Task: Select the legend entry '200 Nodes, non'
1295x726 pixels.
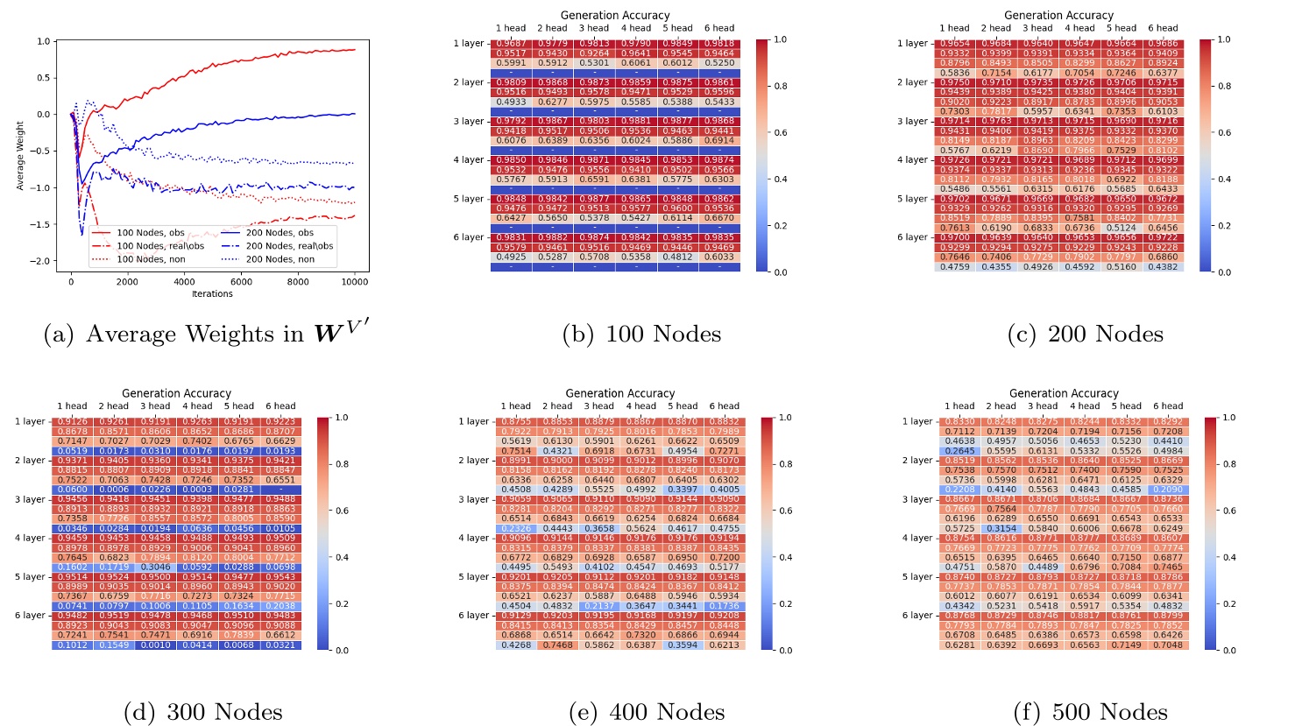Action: [280, 259]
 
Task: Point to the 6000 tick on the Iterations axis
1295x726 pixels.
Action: [241, 282]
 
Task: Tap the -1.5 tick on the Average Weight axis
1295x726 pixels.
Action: [43, 225]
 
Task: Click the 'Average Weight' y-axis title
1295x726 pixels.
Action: [21, 156]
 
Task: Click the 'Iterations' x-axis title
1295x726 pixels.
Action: [212, 294]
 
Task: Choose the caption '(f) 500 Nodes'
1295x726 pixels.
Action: [1090, 712]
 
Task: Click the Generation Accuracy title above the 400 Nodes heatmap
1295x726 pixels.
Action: [619, 393]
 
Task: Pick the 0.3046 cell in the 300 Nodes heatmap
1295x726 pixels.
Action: [156, 567]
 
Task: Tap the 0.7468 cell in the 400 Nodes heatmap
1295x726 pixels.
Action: [557, 645]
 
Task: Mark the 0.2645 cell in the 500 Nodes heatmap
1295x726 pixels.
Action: [959, 451]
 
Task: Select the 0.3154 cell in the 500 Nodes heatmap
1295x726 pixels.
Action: [1001, 529]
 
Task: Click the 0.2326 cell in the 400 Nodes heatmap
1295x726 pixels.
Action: [516, 529]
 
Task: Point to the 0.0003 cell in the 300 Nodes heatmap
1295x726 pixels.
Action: [198, 490]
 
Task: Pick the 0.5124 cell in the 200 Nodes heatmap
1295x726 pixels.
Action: [1121, 228]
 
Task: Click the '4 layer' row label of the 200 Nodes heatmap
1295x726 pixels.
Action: [912, 160]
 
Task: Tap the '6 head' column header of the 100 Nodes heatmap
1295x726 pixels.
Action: [719, 28]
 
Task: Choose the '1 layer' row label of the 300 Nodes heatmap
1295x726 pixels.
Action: [30, 421]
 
